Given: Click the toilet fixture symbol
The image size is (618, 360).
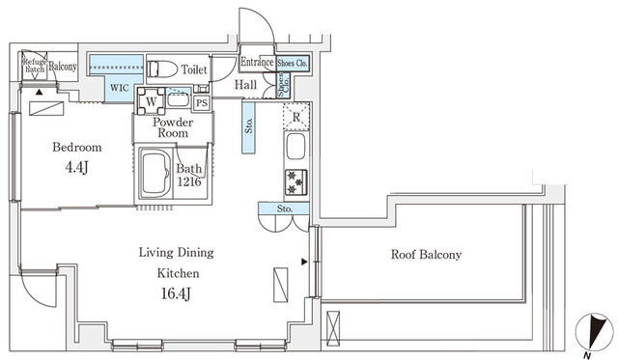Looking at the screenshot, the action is (162, 69).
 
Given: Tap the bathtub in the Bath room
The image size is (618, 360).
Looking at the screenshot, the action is (156, 174).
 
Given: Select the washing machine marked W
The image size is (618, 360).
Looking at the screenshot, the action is (151, 100).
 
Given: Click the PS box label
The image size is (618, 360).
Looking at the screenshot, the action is (202, 103).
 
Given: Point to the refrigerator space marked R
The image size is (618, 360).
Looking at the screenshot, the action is (296, 116).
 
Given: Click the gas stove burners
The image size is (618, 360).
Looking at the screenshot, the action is (296, 182).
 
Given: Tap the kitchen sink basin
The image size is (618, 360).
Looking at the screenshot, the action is (296, 146).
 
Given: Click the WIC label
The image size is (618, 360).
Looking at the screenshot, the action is (119, 88).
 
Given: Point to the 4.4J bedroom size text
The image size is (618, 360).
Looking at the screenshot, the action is (76, 167).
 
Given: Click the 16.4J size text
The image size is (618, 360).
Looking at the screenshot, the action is (176, 293).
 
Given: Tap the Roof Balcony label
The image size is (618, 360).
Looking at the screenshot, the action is (426, 255).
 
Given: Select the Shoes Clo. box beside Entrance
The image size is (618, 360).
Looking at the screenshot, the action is (293, 63).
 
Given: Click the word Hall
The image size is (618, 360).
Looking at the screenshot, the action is (245, 84).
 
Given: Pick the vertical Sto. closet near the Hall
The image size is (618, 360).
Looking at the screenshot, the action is (249, 127).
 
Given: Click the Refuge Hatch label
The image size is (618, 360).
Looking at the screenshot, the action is (35, 66).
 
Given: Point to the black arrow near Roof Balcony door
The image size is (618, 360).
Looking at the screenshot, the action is (304, 262).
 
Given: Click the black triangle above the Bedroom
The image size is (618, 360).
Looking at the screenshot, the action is (39, 93).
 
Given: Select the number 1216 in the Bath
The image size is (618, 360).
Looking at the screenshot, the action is (189, 182).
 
